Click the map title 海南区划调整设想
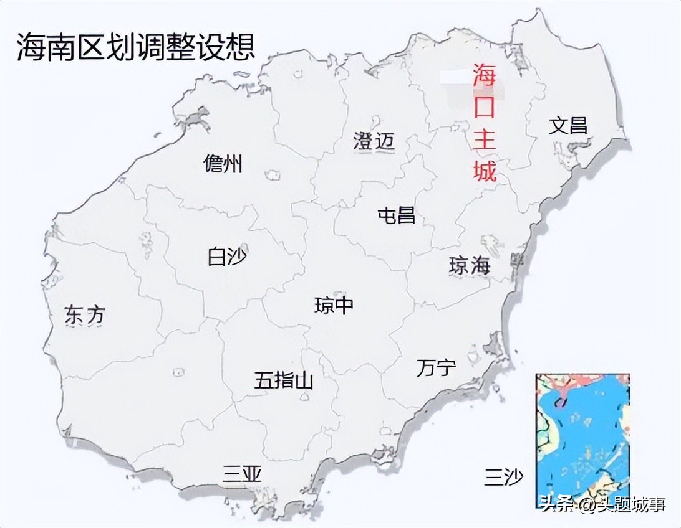[x=136, y=47]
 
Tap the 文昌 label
[x=567, y=125]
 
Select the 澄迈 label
[x=374, y=141]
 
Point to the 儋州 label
[x=223, y=164]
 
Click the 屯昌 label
[x=397, y=215]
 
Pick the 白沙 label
[x=227, y=257]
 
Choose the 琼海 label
[x=470, y=266]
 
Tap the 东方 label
[x=85, y=315]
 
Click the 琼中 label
[x=334, y=305]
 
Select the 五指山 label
[x=283, y=380]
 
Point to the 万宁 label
[x=436, y=368]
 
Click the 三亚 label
[x=242, y=474]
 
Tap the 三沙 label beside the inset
[x=504, y=478]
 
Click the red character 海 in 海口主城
[x=484, y=75]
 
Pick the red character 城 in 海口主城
[x=484, y=169]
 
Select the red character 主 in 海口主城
[x=484, y=138]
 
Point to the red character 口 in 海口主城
[x=484, y=107]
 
